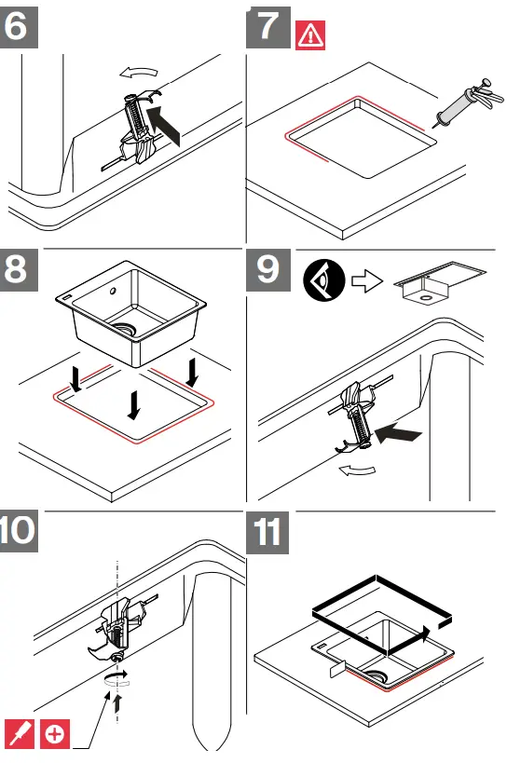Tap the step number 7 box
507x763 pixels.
pyautogui.click(x=267, y=24)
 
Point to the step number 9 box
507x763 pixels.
pyautogui.click(x=267, y=271)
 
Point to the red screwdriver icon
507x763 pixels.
pyautogui.click(x=21, y=734)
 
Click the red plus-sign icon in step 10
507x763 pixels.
pyautogui.click(x=55, y=734)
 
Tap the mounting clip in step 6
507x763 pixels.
pyautogui.click(x=137, y=129)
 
